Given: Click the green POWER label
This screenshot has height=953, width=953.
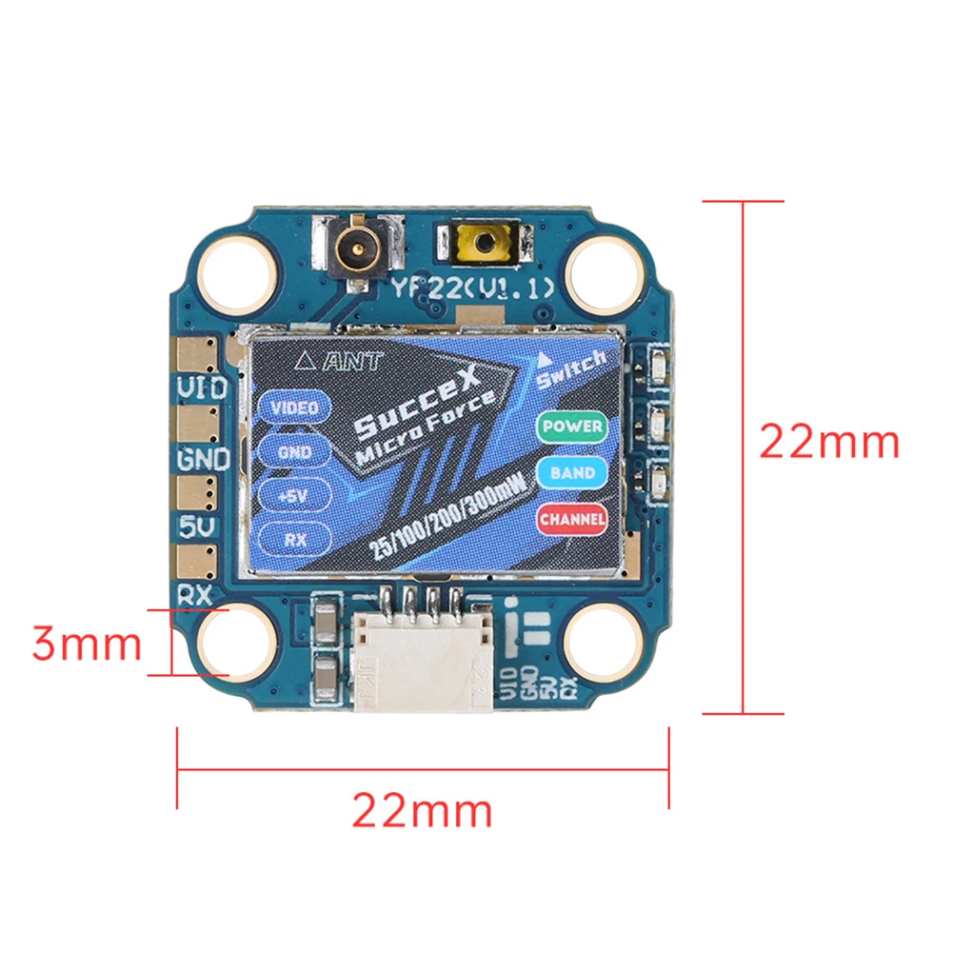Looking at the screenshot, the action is [x=571, y=427].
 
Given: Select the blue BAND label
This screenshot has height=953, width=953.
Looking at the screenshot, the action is [x=572, y=472].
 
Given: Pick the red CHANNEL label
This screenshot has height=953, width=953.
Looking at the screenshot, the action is [x=572, y=519].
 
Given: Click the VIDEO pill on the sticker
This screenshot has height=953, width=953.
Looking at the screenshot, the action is [x=294, y=407].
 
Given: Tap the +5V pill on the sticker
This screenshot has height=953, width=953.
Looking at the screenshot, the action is [x=294, y=495].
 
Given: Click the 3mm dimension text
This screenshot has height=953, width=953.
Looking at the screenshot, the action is [x=86, y=645].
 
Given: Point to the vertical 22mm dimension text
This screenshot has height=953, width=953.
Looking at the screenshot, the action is [x=828, y=442].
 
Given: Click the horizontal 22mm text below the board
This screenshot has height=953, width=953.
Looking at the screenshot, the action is [x=423, y=810].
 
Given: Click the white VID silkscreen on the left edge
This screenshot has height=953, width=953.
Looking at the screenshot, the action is [x=202, y=387].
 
